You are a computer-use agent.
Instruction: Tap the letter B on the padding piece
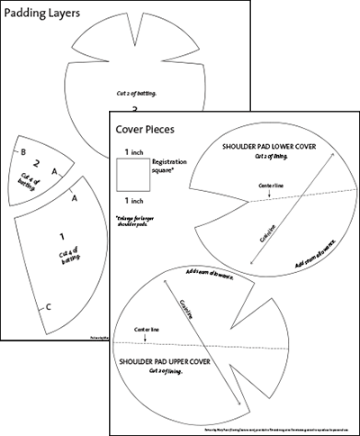click(23, 151)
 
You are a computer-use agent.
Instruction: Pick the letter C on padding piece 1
click(48, 307)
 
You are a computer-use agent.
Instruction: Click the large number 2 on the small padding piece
click(36, 164)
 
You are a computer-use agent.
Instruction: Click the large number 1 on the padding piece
click(61, 236)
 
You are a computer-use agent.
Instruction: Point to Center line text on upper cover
click(148, 332)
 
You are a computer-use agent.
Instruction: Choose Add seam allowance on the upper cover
click(210, 276)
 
